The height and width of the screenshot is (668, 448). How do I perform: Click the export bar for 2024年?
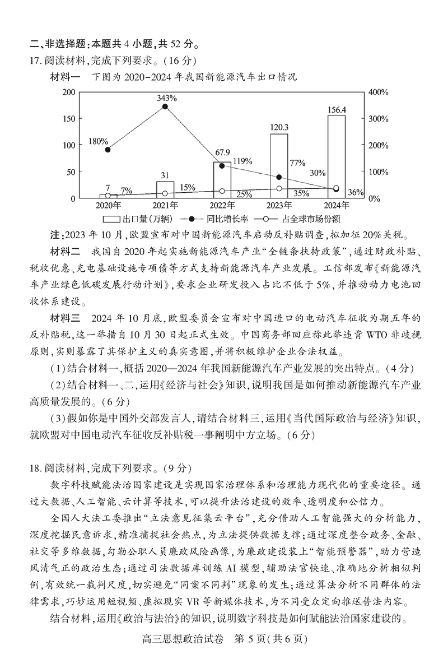336,157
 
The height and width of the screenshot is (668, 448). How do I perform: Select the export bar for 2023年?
279,166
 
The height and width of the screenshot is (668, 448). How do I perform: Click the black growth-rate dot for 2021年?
165,106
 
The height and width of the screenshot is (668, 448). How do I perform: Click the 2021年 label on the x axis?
165,205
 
